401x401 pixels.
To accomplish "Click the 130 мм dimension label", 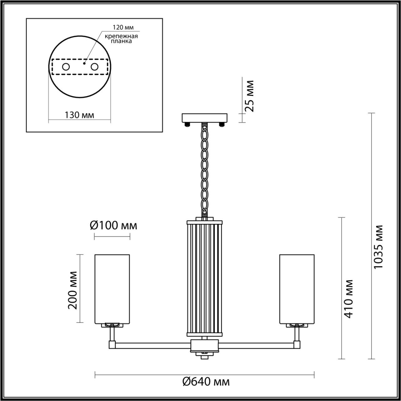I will coord(79,115).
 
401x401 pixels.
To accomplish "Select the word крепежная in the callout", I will coord(121,36).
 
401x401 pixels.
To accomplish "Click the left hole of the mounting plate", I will coord(66,67).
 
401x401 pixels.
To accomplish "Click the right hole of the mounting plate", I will coord(94,67).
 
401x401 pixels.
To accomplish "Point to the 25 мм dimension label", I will coord(249,96).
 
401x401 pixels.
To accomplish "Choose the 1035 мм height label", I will coord(378,247).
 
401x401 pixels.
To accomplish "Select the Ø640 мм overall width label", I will coord(206,382).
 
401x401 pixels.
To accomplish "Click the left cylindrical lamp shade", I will coord(112,288).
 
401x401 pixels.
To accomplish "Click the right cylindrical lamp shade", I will coord(297,288).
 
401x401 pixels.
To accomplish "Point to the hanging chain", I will coord(205,169).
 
